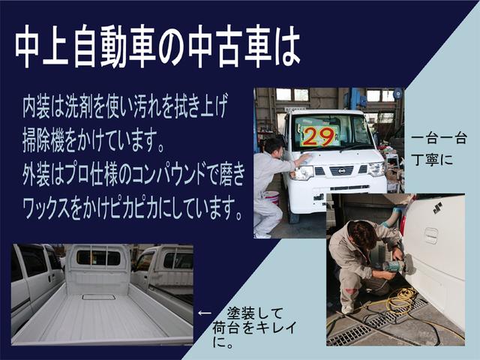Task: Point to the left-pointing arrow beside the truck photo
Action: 204,313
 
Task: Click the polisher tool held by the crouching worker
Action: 391,265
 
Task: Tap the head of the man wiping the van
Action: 274,144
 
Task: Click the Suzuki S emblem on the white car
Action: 436,208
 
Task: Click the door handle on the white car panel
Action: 430,234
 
